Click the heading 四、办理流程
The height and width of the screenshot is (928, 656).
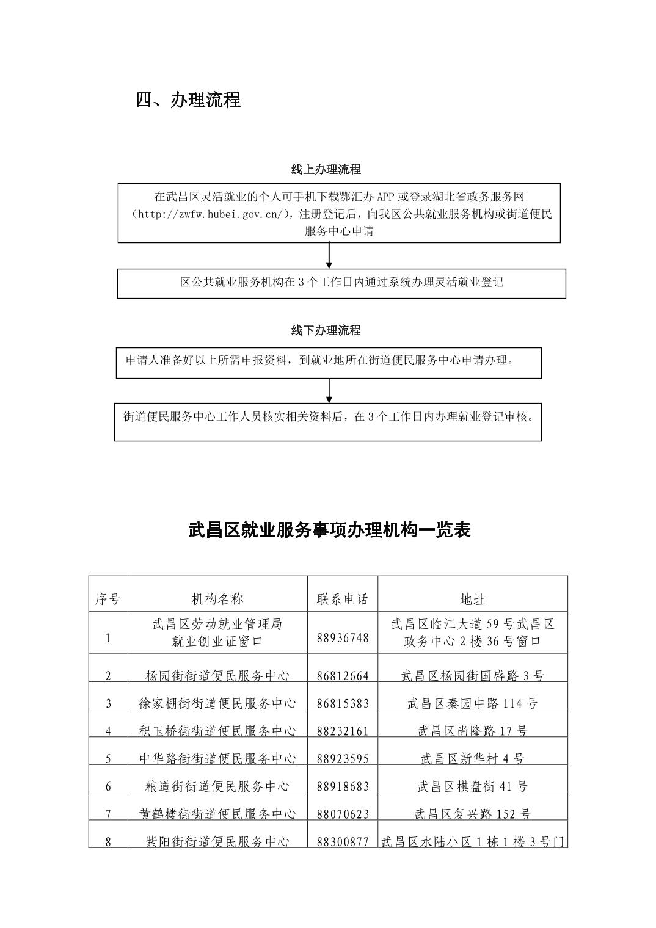pos(188,100)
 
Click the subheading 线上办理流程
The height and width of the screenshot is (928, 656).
pos(326,169)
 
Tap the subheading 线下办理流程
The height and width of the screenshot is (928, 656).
pos(326,330)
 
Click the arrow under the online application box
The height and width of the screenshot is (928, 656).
pos(329,255)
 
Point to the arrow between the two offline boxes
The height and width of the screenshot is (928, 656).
pos(329,391)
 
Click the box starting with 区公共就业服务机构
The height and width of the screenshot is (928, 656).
pos(341,283)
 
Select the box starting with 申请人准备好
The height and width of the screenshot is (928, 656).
pos(329,362)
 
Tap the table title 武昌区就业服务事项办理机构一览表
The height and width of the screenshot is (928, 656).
pos(329,530)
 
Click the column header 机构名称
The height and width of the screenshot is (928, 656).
pos(217,599)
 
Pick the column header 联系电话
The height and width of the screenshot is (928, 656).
pos(343,599)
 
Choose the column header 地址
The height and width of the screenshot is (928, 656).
pos(472,599)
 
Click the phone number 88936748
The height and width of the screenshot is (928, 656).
pos(343,637)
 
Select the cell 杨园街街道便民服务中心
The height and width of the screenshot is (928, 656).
pos(217,675)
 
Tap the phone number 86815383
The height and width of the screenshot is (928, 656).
pos(343,703)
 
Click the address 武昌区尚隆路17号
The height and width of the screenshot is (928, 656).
pos(472,731)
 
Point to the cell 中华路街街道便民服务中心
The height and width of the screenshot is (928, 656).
pos(217,758)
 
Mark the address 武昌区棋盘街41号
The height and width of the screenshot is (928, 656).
pos(472,786)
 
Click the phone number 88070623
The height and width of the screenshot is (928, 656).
pos(343,814)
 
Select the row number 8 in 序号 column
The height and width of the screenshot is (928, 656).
pos(108,841)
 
